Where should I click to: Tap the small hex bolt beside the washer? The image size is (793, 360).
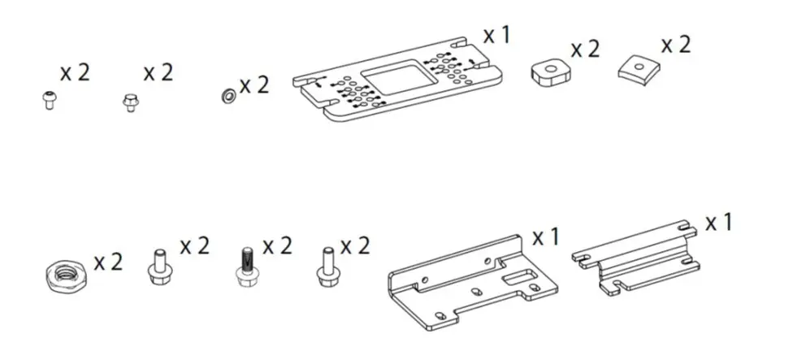[x=129, y=103]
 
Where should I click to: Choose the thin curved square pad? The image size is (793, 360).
[x=636, y=70]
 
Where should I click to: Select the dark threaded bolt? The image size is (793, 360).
[x=245, y=267]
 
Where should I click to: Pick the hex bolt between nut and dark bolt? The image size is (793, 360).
[x=161, y=267]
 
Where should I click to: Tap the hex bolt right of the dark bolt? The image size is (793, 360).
[x=327, y=266]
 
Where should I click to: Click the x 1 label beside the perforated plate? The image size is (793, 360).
[x=496, y=36]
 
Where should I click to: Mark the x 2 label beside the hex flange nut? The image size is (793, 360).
[x=108, y=262]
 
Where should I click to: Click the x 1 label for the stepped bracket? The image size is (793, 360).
[x=718, y=222]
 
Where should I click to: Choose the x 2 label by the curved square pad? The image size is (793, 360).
[x=675, y=44]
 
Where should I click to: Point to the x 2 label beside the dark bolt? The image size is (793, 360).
[x=275, y=245]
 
